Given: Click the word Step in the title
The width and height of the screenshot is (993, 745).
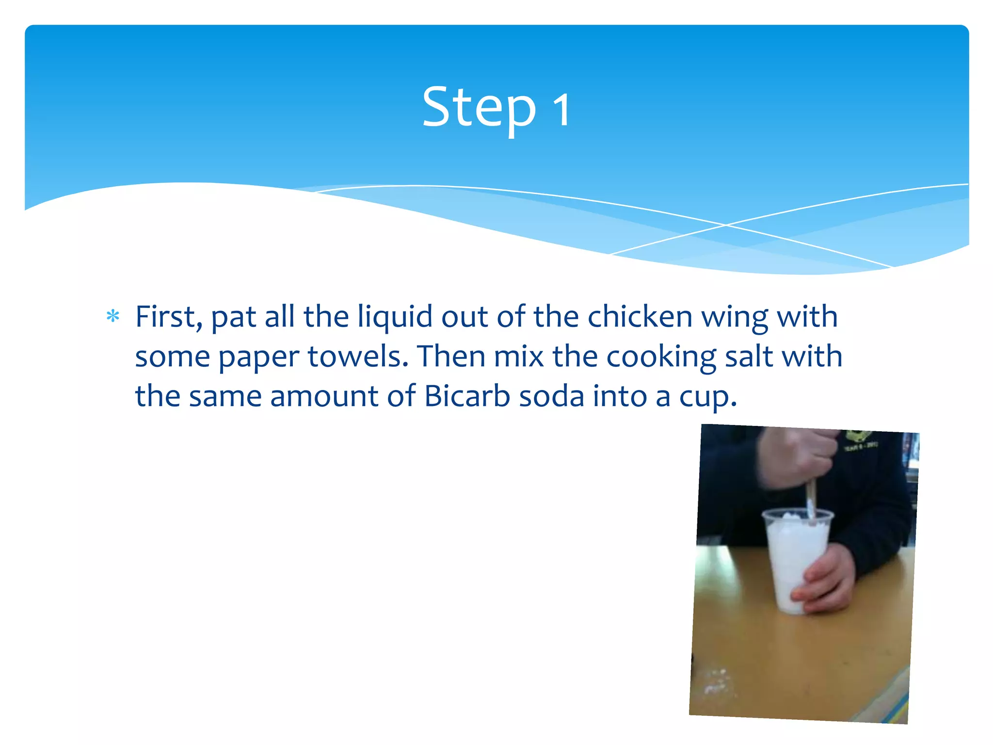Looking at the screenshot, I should click(x=479, y=108).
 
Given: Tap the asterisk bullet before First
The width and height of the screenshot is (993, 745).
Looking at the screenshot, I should click(x=113, y=317).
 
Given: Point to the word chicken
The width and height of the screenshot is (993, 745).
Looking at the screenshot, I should click(x=640, y=317).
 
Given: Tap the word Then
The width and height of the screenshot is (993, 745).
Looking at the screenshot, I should click(x=451, y=356).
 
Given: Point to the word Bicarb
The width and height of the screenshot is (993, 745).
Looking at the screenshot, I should click(x=467, y=396).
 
